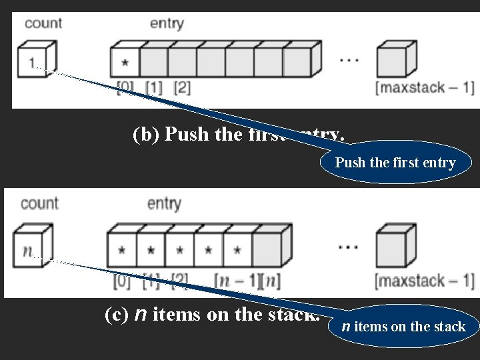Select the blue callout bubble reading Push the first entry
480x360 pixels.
coord(395,163)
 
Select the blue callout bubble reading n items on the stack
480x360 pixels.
coord(403,327)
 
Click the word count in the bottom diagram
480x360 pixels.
coord(39,203)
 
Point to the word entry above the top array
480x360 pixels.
coord(167,23)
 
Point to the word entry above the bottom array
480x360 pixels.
coord(164,203)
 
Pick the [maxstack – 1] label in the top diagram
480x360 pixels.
coord(425,88)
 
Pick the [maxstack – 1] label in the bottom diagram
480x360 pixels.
coord(425,281)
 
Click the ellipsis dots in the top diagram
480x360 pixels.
coord(349,60)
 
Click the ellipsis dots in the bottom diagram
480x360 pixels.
coord(348,246)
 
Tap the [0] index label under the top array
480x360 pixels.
coord(125,87)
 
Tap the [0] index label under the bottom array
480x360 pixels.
coord(122,279)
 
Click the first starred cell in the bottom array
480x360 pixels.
coord(122,251)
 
